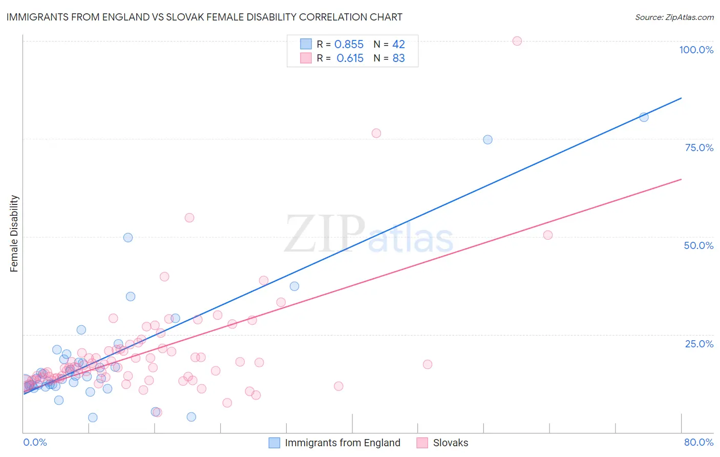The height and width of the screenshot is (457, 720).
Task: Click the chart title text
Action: pos(204,17)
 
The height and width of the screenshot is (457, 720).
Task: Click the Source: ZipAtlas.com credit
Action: pos(674,17)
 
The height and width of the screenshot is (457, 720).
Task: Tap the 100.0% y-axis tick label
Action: pos(696,50)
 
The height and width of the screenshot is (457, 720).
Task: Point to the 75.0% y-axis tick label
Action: pos(699,148)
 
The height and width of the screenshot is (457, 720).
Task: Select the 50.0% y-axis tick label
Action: pos(698,245)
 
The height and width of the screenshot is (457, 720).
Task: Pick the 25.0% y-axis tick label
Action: pos(699,344)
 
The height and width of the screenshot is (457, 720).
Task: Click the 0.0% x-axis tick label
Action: pos(35,442)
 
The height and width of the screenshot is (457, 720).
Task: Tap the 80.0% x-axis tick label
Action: pos(698,442)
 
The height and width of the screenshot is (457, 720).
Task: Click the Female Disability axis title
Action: pos(14,233)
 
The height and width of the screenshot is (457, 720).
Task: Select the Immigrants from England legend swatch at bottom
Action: pos(274,443)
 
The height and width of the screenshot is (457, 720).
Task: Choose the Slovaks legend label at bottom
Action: pos(450,443)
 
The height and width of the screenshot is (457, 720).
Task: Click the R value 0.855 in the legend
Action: pos(349,45)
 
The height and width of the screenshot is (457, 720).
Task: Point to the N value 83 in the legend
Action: pos(398,58)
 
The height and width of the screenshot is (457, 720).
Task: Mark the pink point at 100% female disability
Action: pos(517,41)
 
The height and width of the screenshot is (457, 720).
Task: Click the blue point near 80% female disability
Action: pos(644,117)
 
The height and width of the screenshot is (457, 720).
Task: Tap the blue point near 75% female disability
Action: pos(488,140)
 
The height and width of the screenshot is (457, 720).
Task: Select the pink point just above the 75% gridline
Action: pos(376,133)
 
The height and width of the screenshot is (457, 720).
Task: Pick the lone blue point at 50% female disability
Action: pos(128,238)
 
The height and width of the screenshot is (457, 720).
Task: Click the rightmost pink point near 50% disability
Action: pos(548,235)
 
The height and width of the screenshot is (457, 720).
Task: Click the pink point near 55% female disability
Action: pos(189,218)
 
